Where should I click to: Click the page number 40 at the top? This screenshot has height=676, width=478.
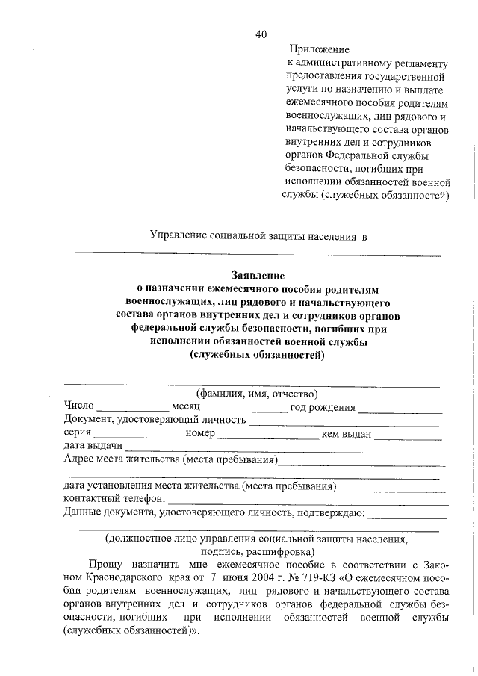coord(260,34)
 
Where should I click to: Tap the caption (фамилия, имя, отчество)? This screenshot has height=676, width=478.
coord(257,394)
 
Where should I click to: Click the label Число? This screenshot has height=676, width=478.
coord(79,406)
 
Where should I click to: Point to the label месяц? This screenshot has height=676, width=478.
coord(186,407)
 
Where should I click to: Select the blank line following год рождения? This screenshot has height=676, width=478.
coord(400,409)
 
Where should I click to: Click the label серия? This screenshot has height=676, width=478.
coord(77,433)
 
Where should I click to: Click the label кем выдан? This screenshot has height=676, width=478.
coord(346,433)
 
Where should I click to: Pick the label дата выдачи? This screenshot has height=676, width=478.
coord(89,446)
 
